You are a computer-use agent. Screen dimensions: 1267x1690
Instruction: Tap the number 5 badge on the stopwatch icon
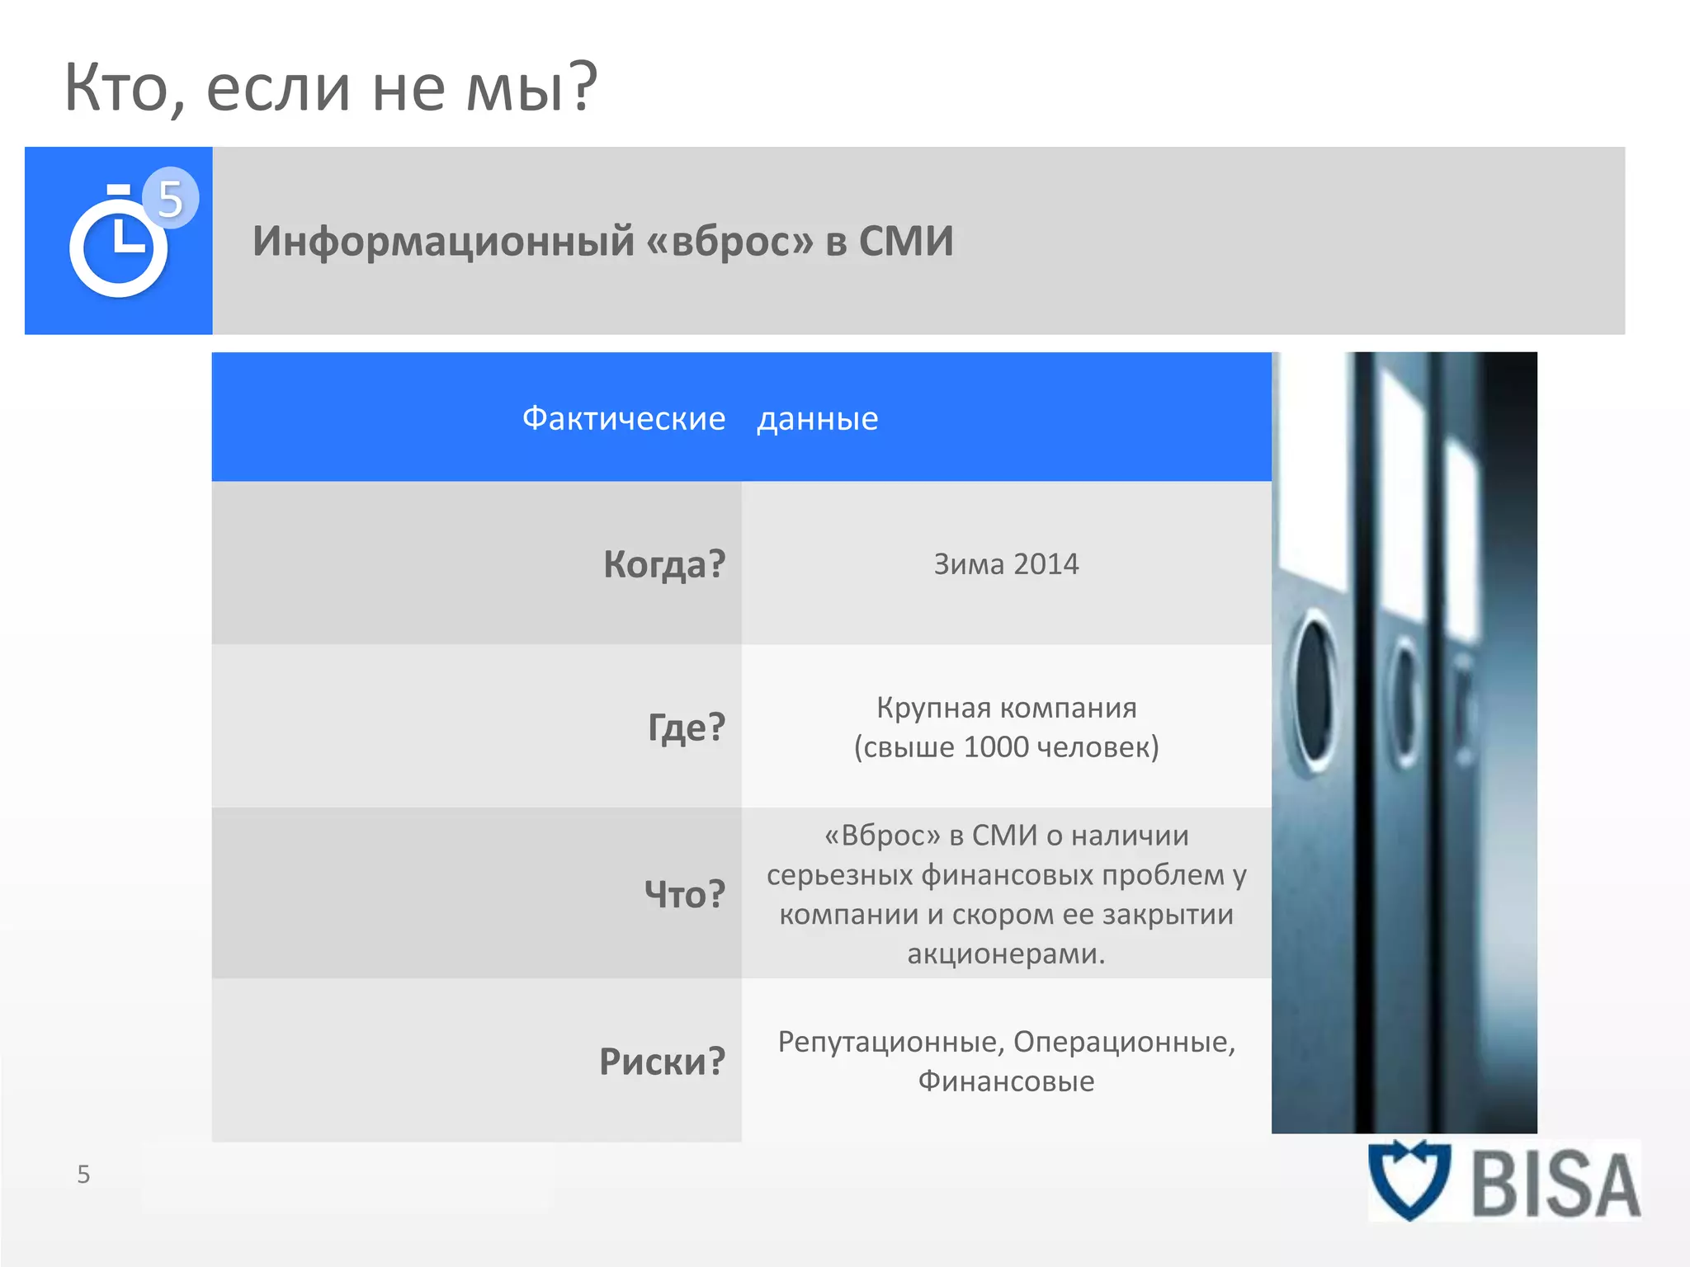click(x=171, y=199)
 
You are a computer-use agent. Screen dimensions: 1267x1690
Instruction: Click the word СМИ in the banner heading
click(x=906, y=242)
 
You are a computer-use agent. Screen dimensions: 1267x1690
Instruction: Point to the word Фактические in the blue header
click(x=624, y=419)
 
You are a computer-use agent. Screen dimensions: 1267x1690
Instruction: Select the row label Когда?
click(x=664, y=565)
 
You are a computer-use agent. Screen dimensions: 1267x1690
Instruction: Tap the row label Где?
click(x=686, y=728)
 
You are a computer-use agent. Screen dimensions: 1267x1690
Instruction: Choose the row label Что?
click(x=684, y=894)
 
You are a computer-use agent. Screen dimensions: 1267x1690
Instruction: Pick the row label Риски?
click(x=662, y=1062)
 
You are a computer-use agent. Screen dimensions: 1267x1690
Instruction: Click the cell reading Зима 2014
click(x=1006, y=564)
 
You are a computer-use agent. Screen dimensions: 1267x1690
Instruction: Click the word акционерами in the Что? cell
click(x=1005, y=954)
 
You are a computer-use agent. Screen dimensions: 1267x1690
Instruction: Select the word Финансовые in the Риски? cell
click(x=1006, y=1081)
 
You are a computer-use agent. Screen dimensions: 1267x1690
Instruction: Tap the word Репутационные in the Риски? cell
click(x=890, y=1042)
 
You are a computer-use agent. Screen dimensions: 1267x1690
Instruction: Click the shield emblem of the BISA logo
click(x=1409, y=1180)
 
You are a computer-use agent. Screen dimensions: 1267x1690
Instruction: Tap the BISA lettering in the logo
click(x=1555, y=1185)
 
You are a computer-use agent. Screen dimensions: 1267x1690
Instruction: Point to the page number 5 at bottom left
click(x=83, y=1175)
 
